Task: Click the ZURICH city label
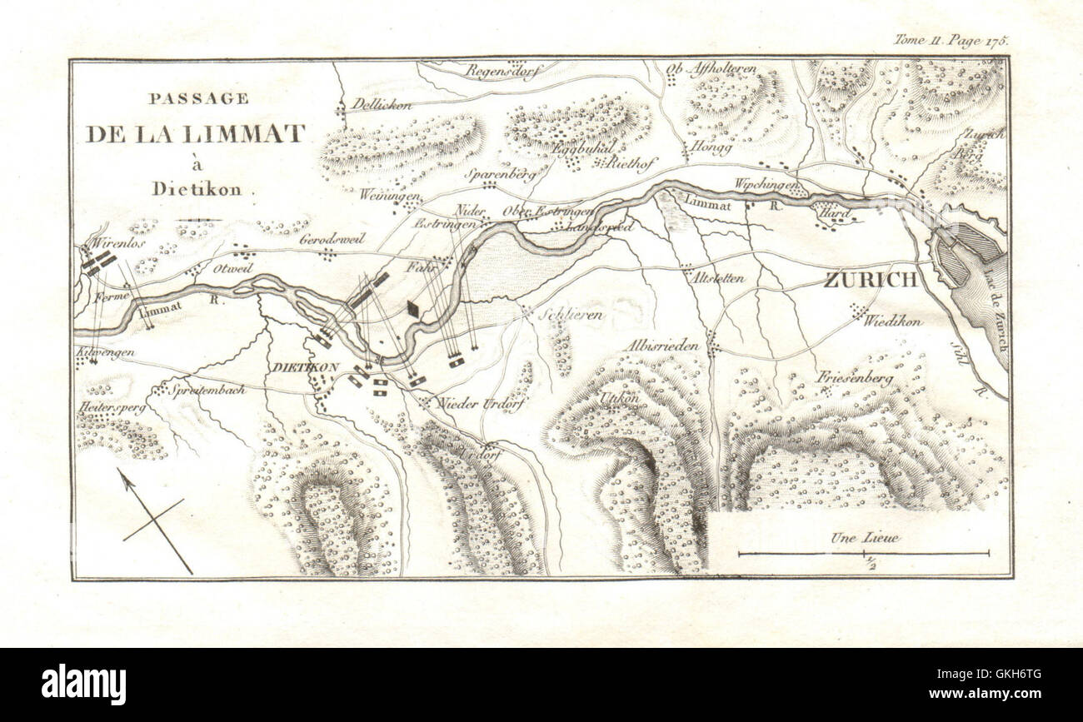click(x=871, y=280)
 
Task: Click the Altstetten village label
click(x=717, y=278)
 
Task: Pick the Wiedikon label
click(x=892, y=321)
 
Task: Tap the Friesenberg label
click(x=855, y=377)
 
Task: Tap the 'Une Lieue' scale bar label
click(x=864, y=538)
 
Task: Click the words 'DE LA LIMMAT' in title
click(x=195, y=134)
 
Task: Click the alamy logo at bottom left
click(x=84, y=685)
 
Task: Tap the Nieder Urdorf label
click(x=472, y=403)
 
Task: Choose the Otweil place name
click(x=232, y=269)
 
